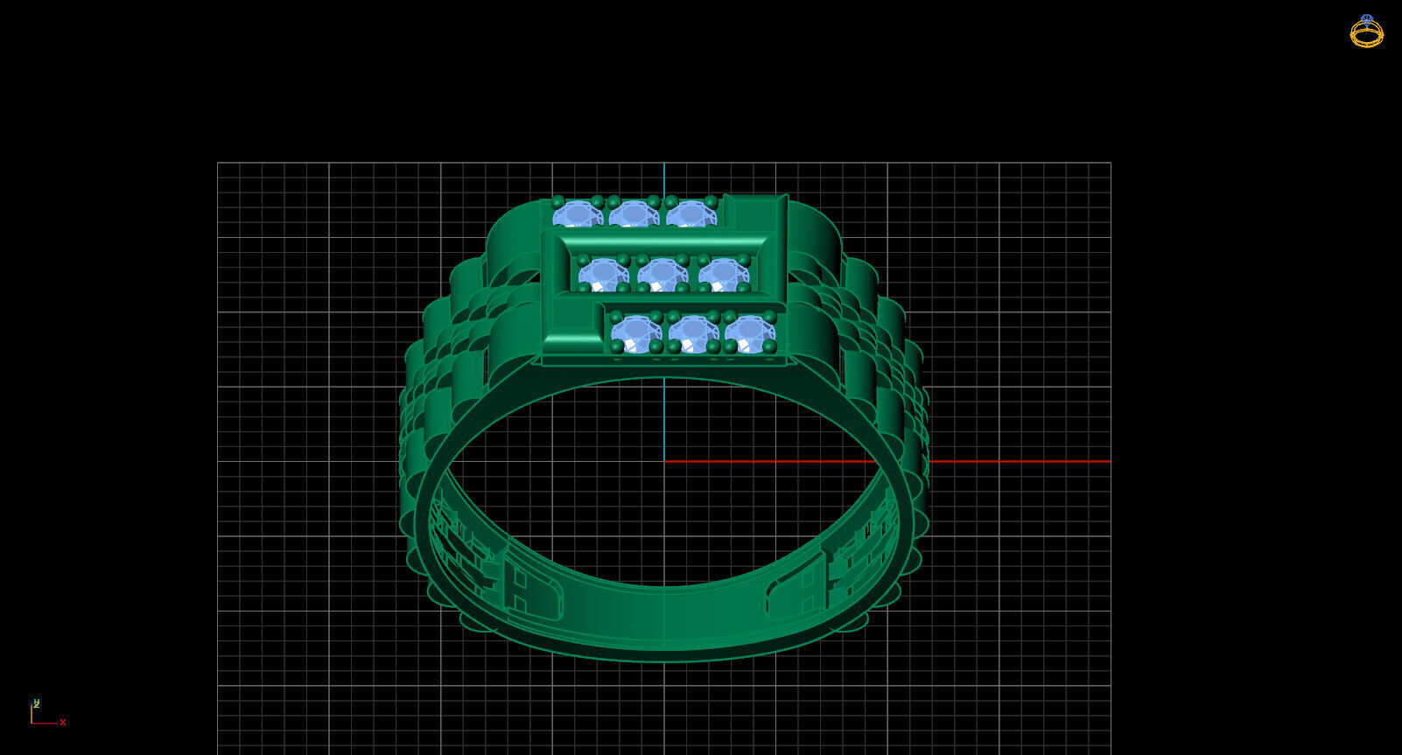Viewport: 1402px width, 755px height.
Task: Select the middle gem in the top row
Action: point(633,214)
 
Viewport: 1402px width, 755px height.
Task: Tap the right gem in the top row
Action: point(690,214)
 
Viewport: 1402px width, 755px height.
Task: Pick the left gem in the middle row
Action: point(602,275)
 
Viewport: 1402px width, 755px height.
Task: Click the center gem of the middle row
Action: point(662,275)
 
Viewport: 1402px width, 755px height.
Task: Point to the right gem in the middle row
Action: point(722,275)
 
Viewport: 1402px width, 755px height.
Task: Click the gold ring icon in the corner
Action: point(1366,31)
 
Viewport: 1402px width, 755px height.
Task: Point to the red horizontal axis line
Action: point(1006,461)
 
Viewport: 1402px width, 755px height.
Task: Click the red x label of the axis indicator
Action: point(63,723)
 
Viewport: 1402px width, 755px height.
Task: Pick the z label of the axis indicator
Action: point(36,703)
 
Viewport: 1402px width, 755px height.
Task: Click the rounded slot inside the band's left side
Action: point(534,595)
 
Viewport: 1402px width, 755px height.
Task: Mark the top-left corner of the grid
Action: point(218,163)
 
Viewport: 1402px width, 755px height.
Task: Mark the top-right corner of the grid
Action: point(1111,163)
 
